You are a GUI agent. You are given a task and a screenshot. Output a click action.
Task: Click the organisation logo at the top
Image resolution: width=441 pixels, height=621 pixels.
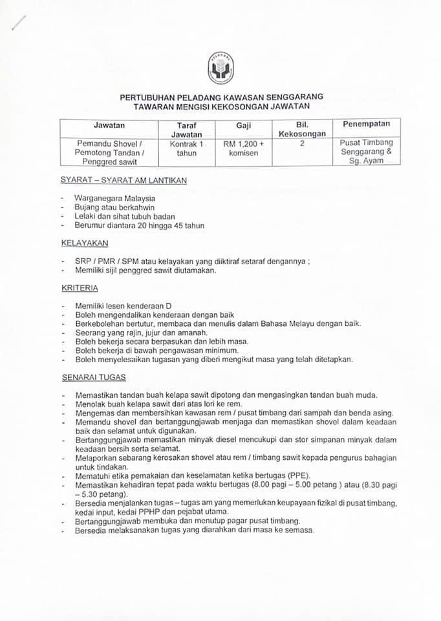point(220,68)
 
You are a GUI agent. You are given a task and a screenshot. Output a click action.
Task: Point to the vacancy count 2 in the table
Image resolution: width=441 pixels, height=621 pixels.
point(303,143)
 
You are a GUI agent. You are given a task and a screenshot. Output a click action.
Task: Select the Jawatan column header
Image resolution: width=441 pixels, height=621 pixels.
point(109,125)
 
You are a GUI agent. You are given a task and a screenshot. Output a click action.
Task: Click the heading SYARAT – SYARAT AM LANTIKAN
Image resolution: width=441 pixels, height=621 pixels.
point(124,180)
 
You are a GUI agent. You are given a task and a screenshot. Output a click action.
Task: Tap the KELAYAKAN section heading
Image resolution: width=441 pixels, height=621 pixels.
point(85,243)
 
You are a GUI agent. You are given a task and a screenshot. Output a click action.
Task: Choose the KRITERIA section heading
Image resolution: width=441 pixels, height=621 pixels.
point(80,288)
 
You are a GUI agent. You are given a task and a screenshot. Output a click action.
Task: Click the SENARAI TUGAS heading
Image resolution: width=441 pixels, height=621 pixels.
point(93,376)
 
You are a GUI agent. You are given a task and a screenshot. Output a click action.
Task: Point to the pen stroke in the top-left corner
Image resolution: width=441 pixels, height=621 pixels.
point(19,22)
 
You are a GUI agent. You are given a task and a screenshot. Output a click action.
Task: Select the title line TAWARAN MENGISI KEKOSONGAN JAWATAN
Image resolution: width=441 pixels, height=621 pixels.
point(222,105)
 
